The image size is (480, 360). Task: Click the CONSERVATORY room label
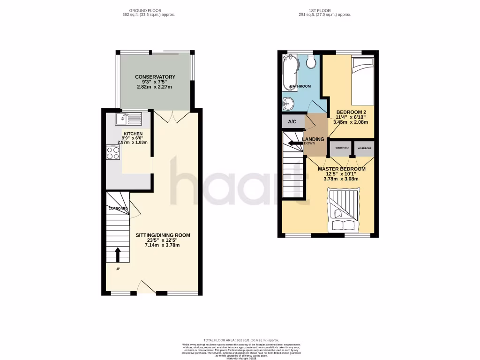(155, 77)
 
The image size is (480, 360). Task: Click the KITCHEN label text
(132, 133)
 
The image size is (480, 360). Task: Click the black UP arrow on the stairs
(117, 255)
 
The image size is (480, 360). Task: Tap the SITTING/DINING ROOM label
(163, 235)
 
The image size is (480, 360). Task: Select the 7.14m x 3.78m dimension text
(163, 245)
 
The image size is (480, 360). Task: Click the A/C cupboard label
(292, 122)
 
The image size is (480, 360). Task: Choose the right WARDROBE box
(364, 148)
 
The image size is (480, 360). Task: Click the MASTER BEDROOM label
(342, 169)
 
